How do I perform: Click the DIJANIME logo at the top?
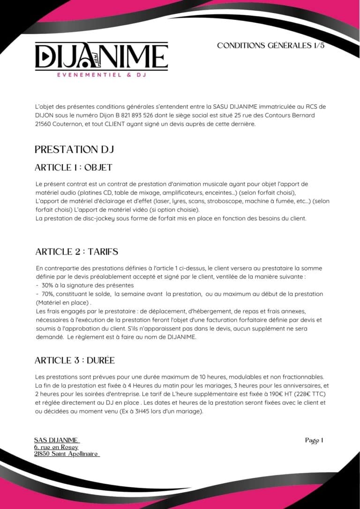click(101, 57)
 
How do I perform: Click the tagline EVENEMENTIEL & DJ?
click(101, 75)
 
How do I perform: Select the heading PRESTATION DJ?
click(75, 150)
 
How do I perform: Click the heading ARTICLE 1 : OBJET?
click(74, 167)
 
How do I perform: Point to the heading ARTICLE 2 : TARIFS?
click(77, 252)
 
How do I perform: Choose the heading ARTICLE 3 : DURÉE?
click(75, 360)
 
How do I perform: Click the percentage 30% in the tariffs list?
click(47, 285)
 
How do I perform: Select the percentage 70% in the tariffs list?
click(47, 294)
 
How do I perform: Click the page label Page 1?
click(314, 440)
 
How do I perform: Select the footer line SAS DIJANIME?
click(57, 440)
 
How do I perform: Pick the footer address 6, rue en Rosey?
click(56, 447)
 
